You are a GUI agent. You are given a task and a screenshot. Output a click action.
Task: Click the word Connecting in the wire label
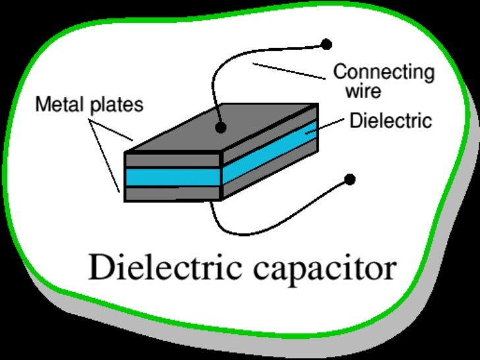coord(384,71)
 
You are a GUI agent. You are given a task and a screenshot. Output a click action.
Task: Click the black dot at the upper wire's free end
coord(326,45)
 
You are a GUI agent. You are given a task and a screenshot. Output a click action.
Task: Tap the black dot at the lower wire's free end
coord(350,179)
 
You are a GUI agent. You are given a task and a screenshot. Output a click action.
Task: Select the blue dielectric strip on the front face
coord(171,176)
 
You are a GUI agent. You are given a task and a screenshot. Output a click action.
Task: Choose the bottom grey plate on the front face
coord(171,193)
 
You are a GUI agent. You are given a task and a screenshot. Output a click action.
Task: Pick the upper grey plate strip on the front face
coord(171,160)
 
